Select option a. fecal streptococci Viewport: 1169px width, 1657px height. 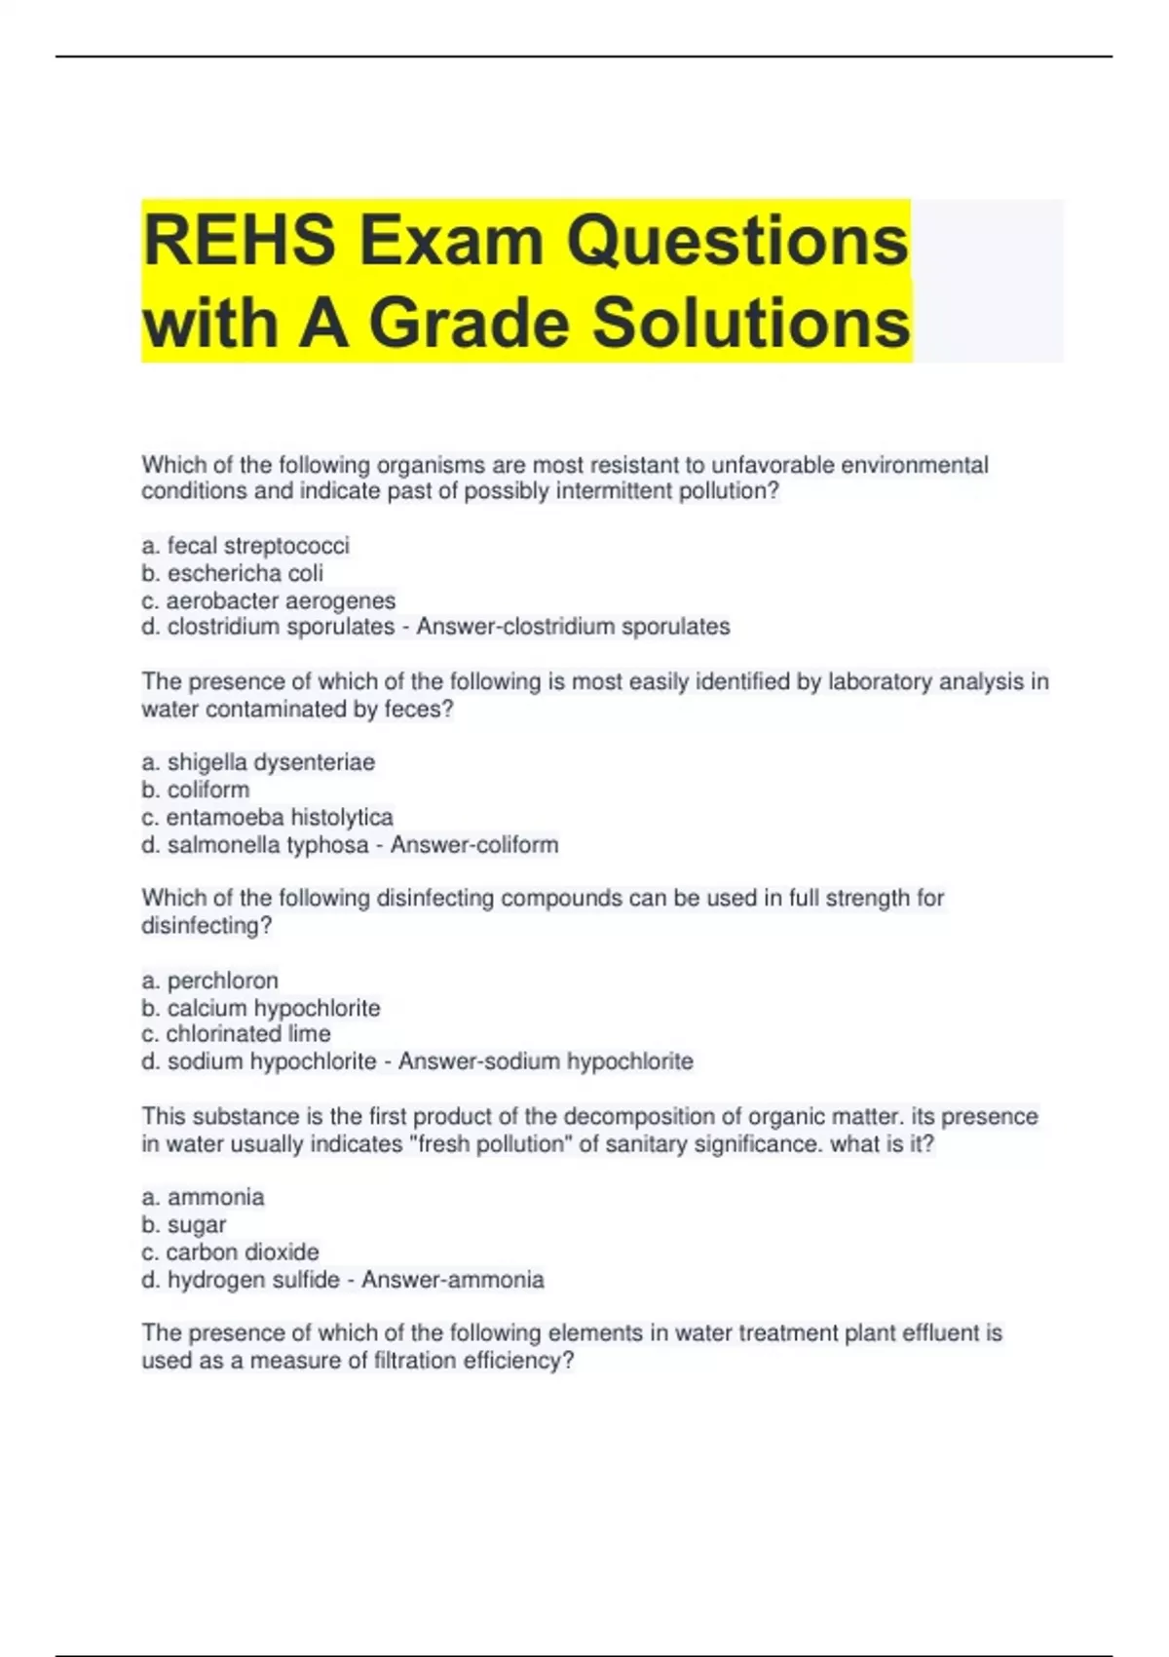245,546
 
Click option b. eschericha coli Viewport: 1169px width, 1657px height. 233,573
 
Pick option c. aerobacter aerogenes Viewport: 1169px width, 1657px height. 269,600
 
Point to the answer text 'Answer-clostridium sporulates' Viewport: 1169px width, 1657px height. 573,627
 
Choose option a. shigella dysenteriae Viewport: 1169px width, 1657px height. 258,762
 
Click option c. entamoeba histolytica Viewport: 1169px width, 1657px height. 268,817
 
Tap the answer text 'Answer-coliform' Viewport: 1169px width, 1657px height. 474,844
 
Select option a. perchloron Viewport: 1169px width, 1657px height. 210,981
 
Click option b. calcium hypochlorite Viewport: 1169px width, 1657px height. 261,1008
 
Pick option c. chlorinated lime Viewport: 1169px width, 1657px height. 237,1033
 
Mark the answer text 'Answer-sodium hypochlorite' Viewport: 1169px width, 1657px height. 546,1061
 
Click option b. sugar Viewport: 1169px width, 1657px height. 184,1225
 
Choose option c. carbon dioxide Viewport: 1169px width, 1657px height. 231,1252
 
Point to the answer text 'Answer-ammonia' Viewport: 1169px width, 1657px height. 452,1280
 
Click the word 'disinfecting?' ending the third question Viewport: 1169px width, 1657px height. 207,926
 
